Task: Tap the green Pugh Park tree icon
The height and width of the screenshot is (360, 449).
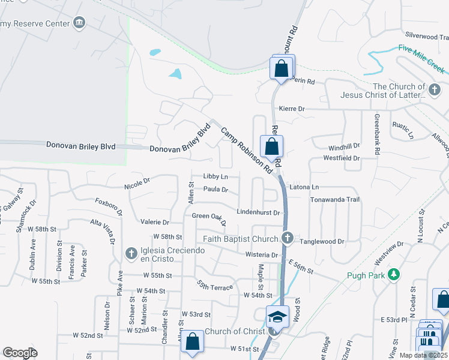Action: click(x=394, y=275)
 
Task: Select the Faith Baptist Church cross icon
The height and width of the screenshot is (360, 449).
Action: click(x=288, y=239)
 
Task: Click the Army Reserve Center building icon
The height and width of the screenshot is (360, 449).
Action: click(x=79, y=23)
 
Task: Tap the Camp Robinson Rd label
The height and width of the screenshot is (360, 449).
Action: click(x=244, y=150)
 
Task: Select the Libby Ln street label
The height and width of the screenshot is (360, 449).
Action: click(x=215, y=176)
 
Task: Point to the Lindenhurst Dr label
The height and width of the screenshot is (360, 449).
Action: click(x=259, y=212)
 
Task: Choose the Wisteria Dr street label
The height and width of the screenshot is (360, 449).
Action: click(x=258, y=255)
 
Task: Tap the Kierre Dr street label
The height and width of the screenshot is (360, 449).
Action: click(x=292, y=109)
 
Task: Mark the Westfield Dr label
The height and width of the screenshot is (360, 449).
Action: click(x=341, y=158)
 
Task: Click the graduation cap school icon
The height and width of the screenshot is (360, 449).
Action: click(x=278, y=316)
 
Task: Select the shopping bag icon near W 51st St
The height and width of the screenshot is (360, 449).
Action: click(x=193, y=342)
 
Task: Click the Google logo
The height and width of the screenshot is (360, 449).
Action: click(x=20, y=353)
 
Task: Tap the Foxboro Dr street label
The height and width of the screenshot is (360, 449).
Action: click(x=109, y=207)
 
